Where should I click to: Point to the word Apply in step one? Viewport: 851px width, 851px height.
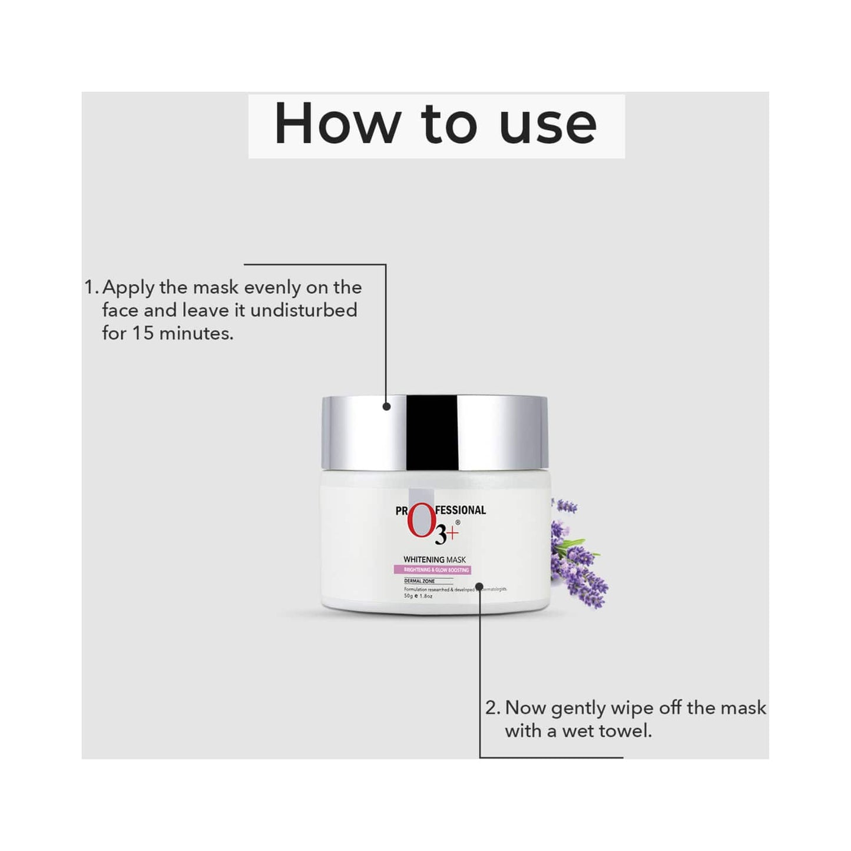[x=128, y=288]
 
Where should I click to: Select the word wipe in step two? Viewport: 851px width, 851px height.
[x=633, y=708]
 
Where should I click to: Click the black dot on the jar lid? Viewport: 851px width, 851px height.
[x=386, y=406]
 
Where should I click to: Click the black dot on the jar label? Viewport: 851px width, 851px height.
[x=479, y=587]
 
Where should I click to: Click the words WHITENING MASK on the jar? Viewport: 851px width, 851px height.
[x=434, y=559]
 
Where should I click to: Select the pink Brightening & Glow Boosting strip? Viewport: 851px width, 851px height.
[x=433, y=570]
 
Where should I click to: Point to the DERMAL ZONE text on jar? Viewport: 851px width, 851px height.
[x=419, y=581]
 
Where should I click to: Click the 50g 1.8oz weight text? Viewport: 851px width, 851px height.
[x=418, y=596]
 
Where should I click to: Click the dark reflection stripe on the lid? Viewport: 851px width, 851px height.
[x=431, y=433]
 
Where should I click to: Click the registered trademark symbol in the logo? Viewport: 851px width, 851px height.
[x=458, y=522]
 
